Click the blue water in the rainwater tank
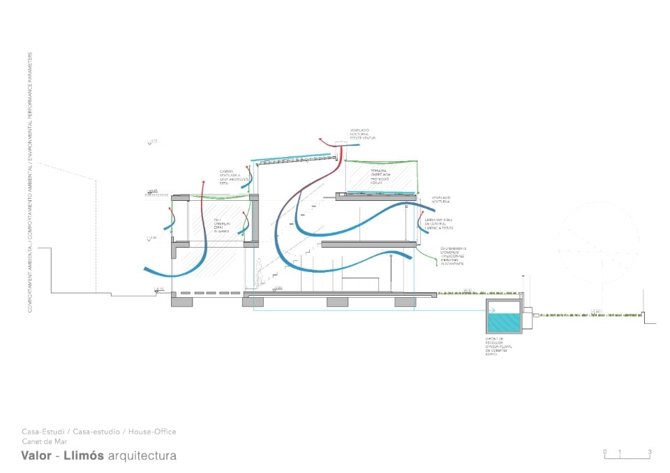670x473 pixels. [x=502, y=322]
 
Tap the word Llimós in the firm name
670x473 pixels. [x=84, y=456]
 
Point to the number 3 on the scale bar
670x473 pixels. [x=649, y=452]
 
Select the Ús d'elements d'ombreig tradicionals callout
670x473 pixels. [x=452, y=256]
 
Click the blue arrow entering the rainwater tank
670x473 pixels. [x=491, y=310]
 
